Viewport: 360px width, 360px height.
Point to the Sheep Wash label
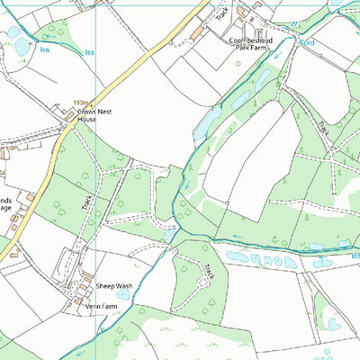[x=114, y=285]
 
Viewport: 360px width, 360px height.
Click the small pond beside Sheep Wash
[x=122, y=294]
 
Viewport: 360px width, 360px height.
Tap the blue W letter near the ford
[x=292, y=23]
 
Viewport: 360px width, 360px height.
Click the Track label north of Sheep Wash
[x=87, y=202]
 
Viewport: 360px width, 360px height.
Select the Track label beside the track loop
[x=208, y=270]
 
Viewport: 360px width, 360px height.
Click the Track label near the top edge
[x=220, y=13]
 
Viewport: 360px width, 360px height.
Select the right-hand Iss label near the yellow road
[x=89, y=52]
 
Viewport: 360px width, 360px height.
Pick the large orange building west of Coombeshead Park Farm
[x=197, y=33]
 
